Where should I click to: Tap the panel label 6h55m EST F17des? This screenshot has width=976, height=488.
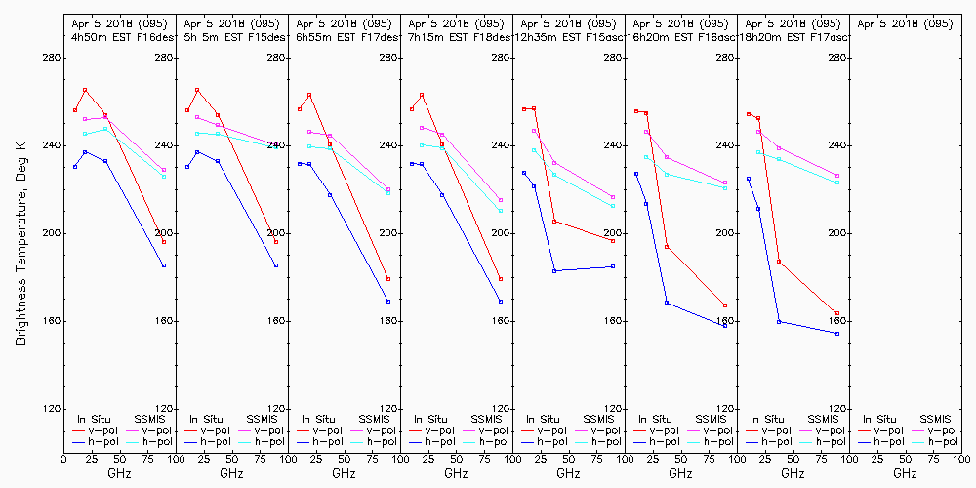point(343,36)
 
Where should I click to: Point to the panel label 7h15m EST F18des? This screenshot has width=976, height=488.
point(455,36)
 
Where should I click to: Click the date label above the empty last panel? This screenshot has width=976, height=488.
point(904,22)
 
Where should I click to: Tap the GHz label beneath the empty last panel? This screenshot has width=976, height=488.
point(905,473)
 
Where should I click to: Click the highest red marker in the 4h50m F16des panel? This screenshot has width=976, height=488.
point(85,90)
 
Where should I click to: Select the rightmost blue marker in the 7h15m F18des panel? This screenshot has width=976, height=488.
point(501,302)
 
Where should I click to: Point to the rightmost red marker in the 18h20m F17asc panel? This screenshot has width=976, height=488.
point(837,313)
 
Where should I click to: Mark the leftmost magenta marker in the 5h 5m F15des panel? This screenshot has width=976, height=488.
point(197,117)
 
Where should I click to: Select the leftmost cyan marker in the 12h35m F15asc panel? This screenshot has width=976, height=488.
point(534,150)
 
